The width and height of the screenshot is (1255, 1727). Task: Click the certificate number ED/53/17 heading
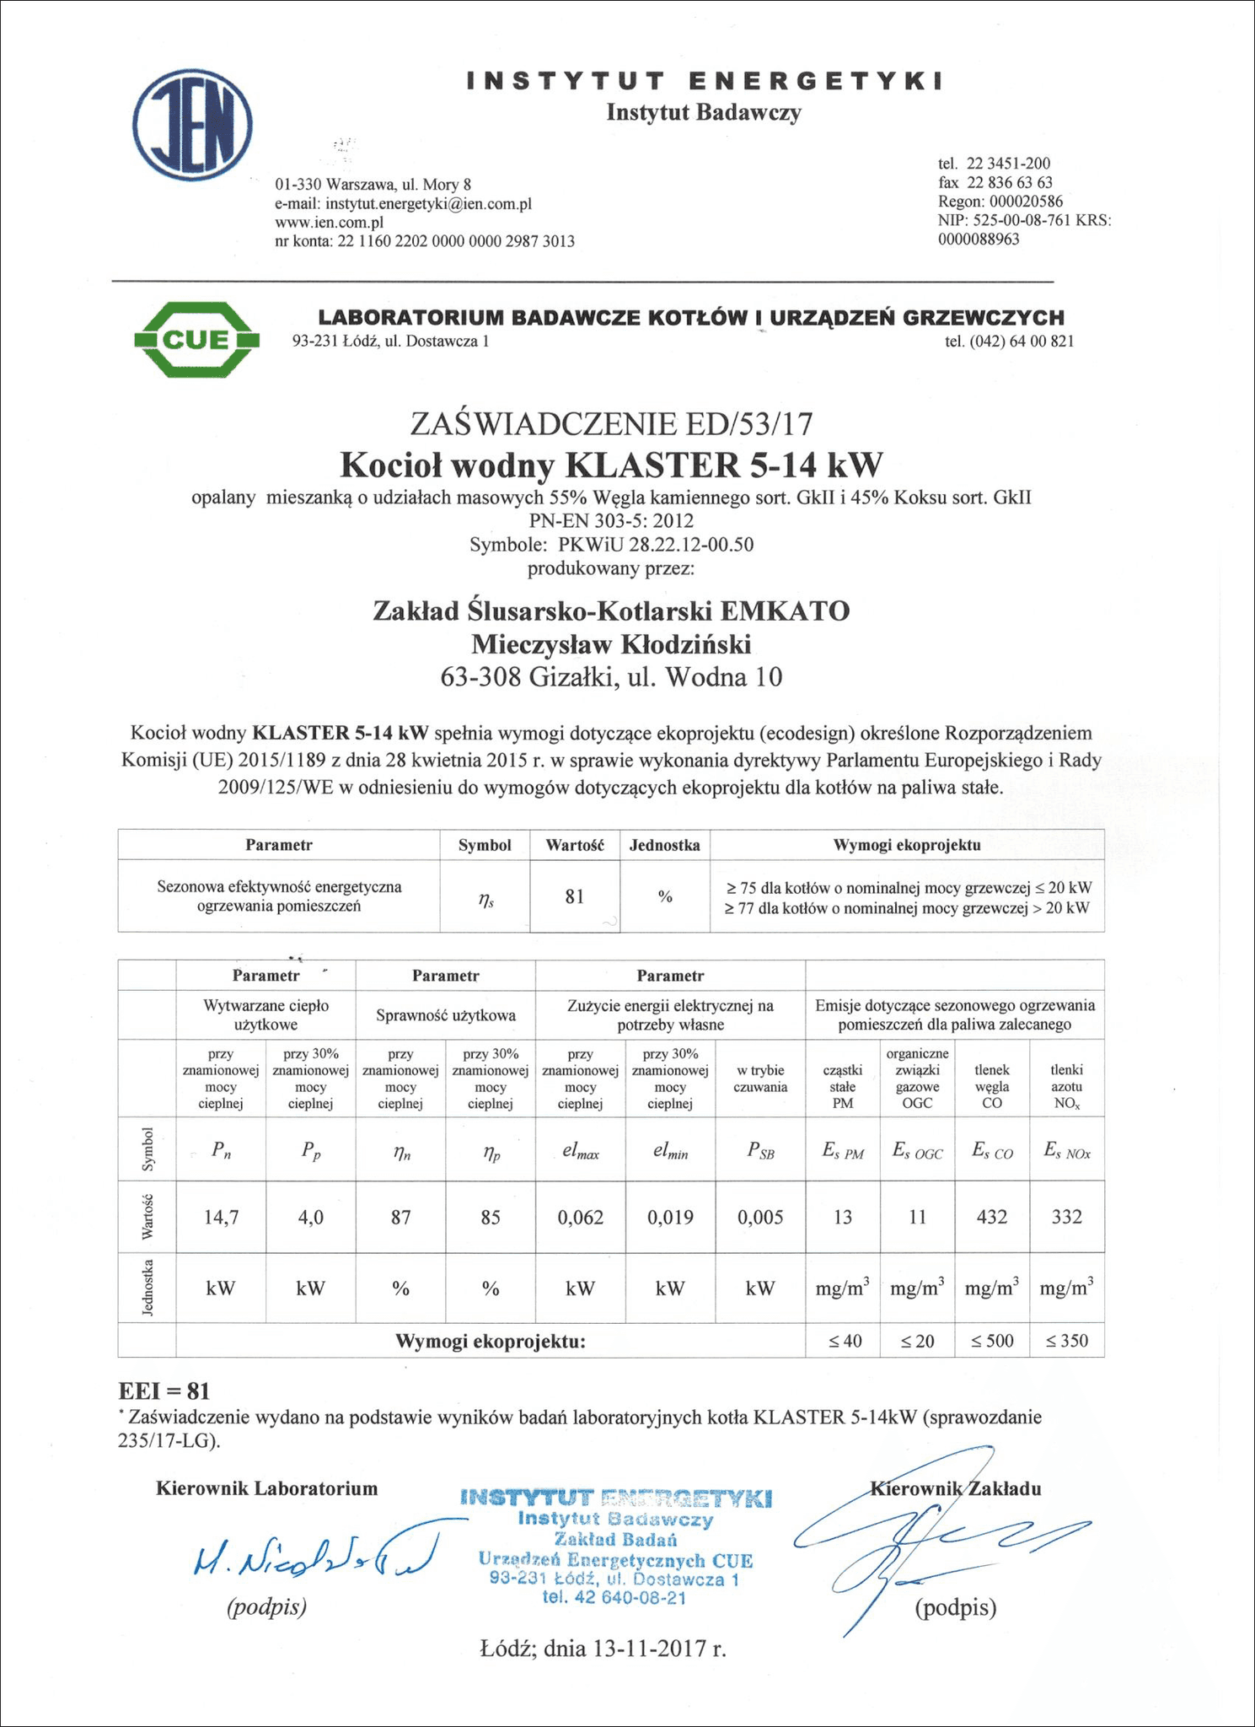tap(611, 422)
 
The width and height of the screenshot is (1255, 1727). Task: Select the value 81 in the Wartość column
tap(575, 896)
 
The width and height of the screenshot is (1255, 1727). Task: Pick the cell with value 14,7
tap(222, 1217)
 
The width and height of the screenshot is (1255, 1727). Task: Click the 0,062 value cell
tap(581, 1217)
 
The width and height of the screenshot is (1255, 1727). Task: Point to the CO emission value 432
tap(991, 1217)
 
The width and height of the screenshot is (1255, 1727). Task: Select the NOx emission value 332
tap(1067, 1217)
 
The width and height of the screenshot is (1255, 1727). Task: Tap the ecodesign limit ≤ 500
tap(992, 1341)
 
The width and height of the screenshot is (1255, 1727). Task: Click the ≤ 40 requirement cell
tap(844, 1341)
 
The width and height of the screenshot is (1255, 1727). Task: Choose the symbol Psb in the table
tap(760, 1152)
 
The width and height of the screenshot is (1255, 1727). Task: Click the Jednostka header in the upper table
tap(665, 845)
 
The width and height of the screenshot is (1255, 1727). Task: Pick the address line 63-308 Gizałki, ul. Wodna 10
tap(611, 677)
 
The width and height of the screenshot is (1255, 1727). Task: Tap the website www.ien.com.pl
tap(330, 223)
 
